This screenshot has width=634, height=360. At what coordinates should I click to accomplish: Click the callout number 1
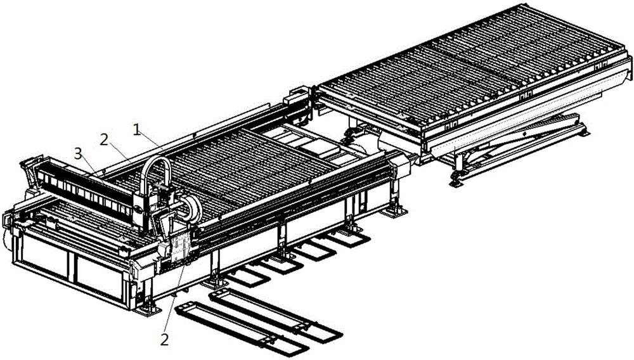point(138,130)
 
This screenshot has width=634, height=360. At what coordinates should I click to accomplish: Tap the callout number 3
point(79,153)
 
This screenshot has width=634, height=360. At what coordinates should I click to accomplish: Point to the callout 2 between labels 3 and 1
point(105,140)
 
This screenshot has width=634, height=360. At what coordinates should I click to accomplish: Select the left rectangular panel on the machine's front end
point(44,255)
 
